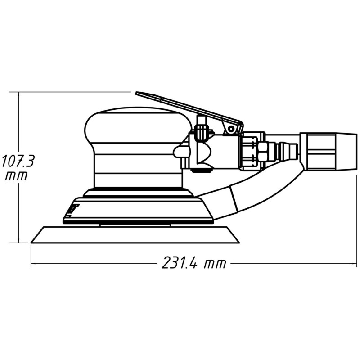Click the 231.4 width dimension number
click(180, 263)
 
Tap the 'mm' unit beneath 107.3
click(16, 175)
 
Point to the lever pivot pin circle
click(230, 130)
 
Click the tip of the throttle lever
click(136, 93)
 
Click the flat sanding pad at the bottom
click(135, 235)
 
